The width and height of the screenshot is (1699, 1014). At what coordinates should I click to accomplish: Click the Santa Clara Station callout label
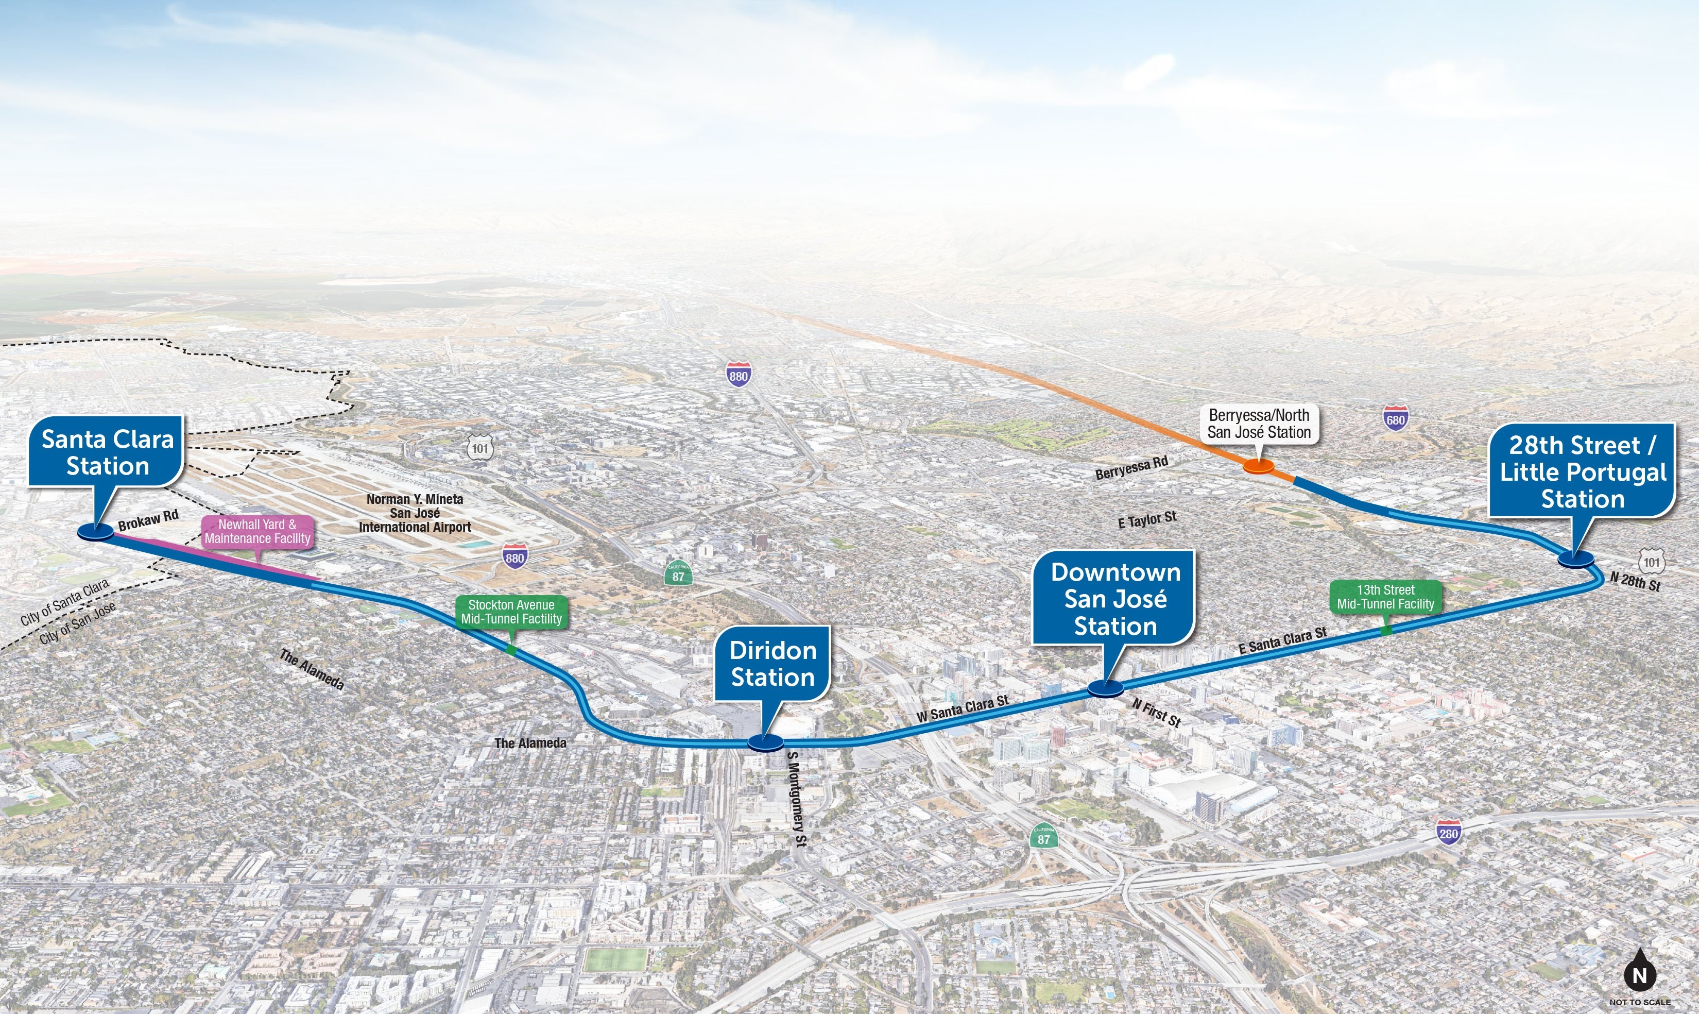tap(107, 452)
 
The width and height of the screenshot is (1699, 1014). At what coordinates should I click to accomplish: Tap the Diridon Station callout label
tap(773, 664)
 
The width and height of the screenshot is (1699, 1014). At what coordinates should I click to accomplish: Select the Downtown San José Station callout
tap(1114, 599)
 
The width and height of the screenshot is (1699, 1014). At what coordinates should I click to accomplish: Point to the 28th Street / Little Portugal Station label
tap(1582, 471)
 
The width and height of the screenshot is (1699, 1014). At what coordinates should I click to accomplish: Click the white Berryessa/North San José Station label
tap(1259, 424)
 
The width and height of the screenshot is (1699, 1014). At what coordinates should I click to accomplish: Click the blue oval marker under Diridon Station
tap(765, 743)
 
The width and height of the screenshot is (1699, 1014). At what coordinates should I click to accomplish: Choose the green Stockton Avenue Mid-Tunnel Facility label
tap(511, 612)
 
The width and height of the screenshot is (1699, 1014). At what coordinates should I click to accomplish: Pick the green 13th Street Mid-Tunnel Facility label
tap(1385, 597)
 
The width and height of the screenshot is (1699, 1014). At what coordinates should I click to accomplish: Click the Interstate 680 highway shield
tap(1395, 419)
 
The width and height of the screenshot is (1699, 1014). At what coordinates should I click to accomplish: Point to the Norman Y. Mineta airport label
tap(415, 513)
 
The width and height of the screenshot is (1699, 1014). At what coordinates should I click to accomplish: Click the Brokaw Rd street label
tap(148, 520)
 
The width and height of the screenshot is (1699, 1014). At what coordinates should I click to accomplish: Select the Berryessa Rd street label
tap(1131, 468)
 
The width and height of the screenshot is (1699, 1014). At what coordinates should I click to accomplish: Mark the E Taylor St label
tap(1147, 520)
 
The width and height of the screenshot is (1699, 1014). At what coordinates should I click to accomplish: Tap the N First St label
tap(1156, 713)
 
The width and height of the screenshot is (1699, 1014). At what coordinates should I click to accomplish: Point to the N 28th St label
tap(1635, 582)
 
